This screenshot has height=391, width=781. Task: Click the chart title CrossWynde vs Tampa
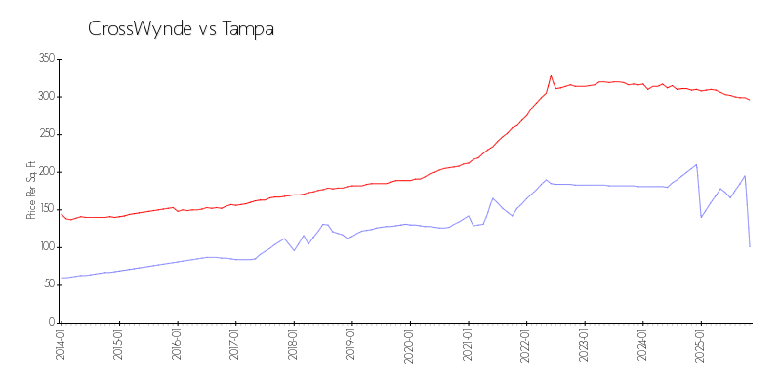pyautogui.click(x=181, y=29)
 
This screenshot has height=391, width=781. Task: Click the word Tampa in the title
pyautogui.click(x=248, y=29)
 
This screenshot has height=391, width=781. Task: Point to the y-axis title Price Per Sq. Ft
pyautogui.click(x=31, y=191)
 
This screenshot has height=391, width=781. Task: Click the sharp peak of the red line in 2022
pyautogui.click(x=551, y=75)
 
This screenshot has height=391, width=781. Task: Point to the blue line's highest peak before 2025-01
pyautogui.click(x=696, y=164)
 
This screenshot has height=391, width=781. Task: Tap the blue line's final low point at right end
pyautogui.click(x=750, y=246)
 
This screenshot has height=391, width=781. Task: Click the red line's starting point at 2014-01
pyautogui.click(x=61, y=213)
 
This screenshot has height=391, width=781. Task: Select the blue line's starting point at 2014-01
pyautogui.click(x=61, y=278)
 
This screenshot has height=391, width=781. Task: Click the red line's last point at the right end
pyautogui.click(x=750, y=100)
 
